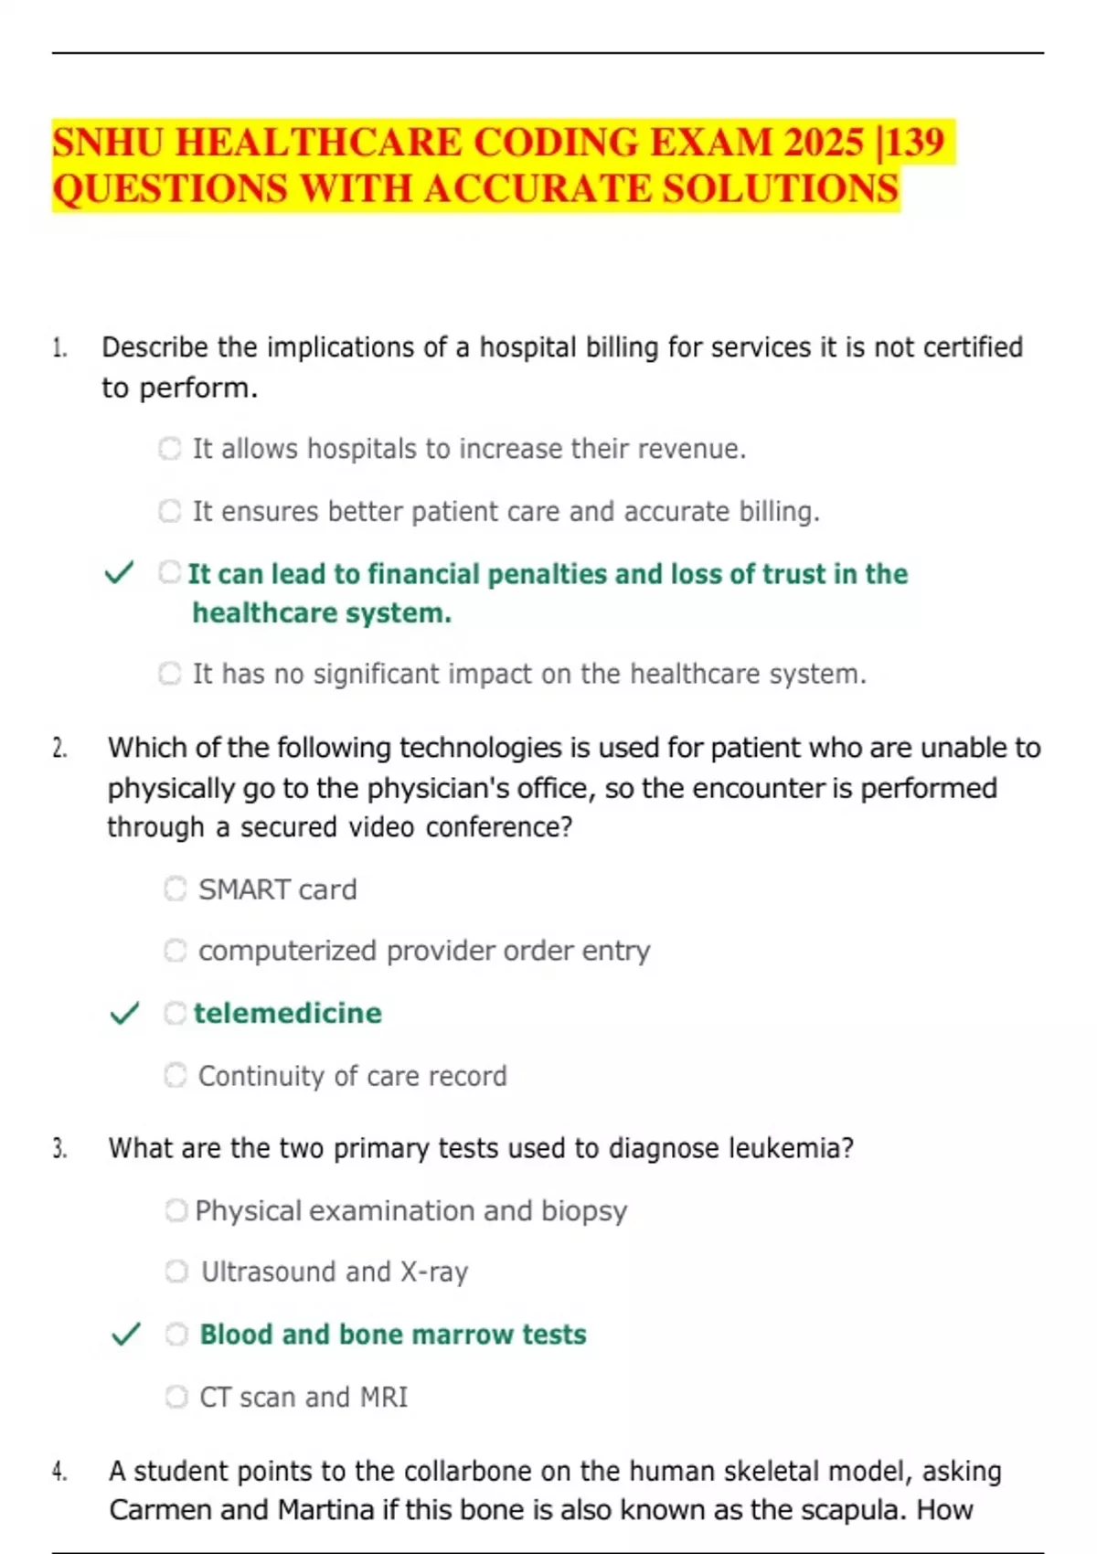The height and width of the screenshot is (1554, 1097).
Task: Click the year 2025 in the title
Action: click(x=824, y=143)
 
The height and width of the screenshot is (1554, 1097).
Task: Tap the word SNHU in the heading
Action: click(x=108, y=143)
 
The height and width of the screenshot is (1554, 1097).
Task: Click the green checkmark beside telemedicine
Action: click(x=124, y=1013)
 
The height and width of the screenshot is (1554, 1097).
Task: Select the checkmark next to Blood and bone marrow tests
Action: click(x=125, y=1334)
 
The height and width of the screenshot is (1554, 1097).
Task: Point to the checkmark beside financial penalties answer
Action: click(x=119, y=573)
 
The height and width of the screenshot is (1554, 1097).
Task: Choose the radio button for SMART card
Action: click(x=176, y=889)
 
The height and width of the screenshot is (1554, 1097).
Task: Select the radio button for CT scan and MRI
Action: click(x=176, y=1396)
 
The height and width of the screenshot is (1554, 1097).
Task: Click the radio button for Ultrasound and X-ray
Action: click(x=176, y=1272)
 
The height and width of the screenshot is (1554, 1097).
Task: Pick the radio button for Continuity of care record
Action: click(x=176, y=1075)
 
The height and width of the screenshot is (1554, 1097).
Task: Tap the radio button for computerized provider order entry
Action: click(x=176, y=951)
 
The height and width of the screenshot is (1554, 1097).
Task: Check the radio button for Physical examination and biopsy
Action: click(x=176, y=1210)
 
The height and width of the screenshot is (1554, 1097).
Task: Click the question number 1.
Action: click(x=59, y=347)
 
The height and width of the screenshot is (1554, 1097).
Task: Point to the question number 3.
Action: click(x=59, y=1148)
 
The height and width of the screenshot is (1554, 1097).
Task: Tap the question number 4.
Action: click(x=59, y=1471)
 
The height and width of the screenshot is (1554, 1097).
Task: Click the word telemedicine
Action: click(x=288, y=1013)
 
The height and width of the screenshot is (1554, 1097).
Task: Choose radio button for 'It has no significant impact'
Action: click(x=170, y=674)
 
